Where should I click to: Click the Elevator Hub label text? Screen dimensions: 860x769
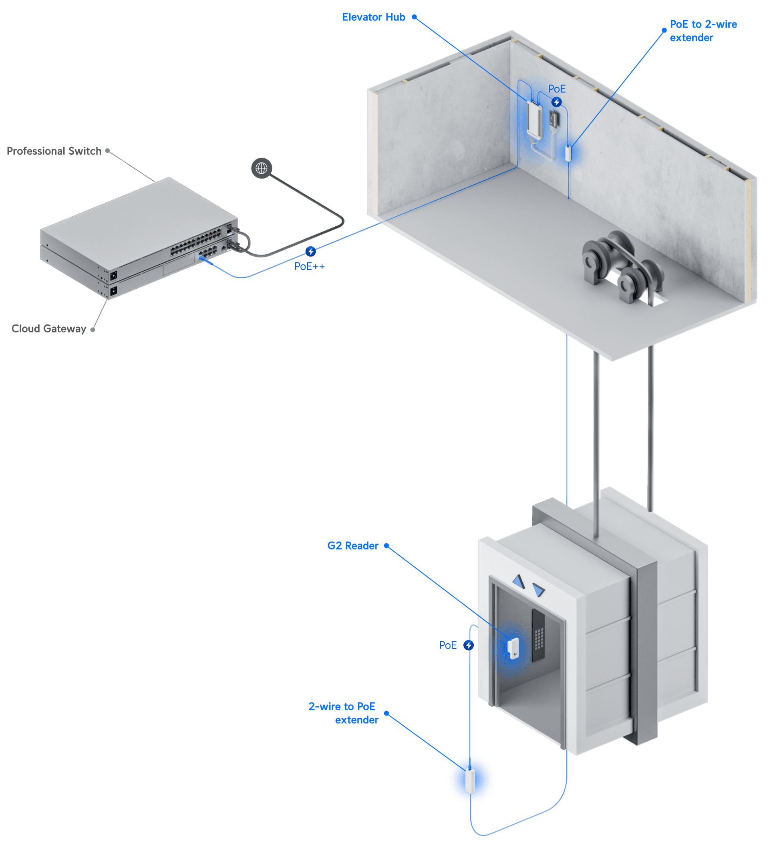coord(374,17)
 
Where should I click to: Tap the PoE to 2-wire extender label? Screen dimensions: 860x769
coord(703,31)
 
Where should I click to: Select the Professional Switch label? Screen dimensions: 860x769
coord(54,151)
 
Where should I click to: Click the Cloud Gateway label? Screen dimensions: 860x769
coord(48,328)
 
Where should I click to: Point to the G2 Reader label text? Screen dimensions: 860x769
coord(353,546)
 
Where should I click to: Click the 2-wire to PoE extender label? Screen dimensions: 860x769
coord(343,713)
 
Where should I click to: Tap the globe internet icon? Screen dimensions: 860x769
coord(262,168)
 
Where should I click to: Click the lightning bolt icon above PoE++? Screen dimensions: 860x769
coord(310,252)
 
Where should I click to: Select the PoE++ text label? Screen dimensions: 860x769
coord(309,266)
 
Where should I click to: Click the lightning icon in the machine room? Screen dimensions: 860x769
coord(556,102)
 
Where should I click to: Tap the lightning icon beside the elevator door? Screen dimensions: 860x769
coord(469,645)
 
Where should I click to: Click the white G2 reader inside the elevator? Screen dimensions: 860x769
coord(513,648)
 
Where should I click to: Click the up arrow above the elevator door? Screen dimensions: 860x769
coord(518,582)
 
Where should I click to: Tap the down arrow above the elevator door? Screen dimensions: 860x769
coord(538,590)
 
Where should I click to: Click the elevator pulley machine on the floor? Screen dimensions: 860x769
coord(621,266)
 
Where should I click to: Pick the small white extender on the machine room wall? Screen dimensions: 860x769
coord(568,153)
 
